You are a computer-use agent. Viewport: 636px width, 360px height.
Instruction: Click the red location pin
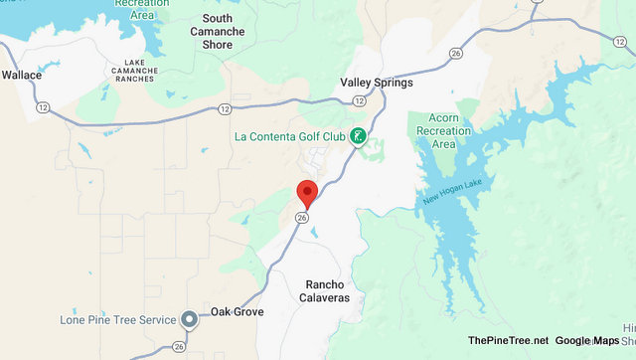click(308, 192)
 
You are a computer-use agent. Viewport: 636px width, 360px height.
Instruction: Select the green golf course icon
click(358, 136)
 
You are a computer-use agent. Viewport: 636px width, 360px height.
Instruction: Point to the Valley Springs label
click(376, 83)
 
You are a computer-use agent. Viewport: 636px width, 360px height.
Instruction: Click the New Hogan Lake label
click(452, 192)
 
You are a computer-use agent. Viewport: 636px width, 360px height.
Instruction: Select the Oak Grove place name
click(237, 312)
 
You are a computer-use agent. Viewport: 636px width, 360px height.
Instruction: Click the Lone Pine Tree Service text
click(115, 319)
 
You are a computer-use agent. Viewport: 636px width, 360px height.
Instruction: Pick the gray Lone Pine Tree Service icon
click(189, 319)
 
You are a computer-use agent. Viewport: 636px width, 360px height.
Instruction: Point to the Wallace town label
click(22, 75)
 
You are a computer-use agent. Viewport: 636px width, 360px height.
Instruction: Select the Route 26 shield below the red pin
click(303, 218)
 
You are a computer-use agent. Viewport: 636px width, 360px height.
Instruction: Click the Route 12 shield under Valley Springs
click(359, 101)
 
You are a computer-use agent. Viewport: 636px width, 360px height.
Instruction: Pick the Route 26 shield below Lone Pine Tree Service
click(178, 347)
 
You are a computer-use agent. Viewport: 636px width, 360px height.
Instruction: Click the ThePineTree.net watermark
click(508, 340)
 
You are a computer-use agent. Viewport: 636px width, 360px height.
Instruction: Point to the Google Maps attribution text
click(586, 340)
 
